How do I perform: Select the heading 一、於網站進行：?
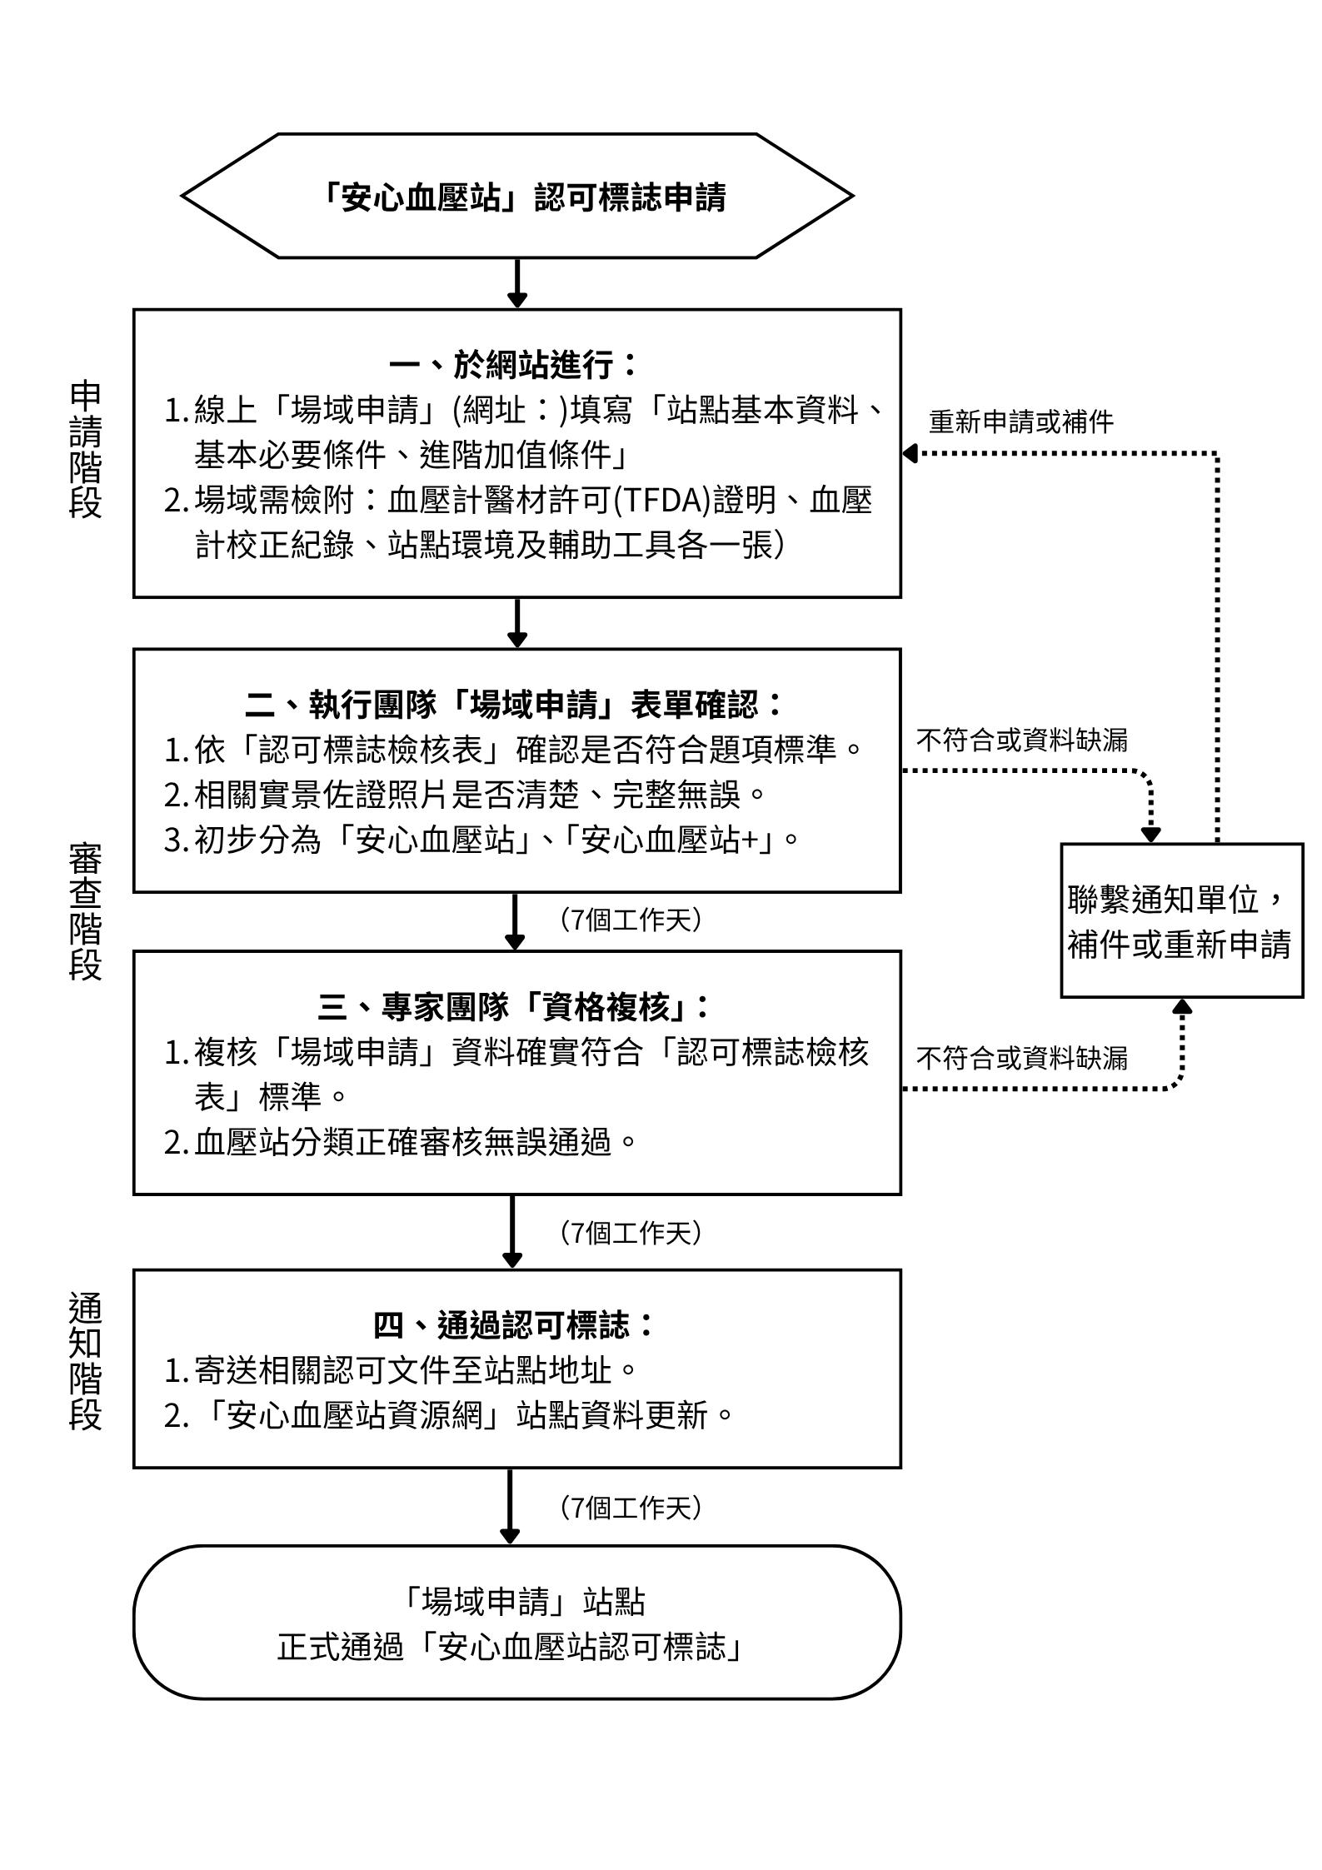point(514,365)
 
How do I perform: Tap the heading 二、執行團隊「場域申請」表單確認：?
point(516,705)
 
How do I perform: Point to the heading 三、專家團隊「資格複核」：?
point(514,1007)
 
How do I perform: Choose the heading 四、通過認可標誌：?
point(514,1324)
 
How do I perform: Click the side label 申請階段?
point(85,450)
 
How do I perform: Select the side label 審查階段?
point(85,912)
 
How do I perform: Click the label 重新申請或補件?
point(1021,422)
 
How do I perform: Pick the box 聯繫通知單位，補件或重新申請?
point(1180,920)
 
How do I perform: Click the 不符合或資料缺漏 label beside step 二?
point(1021,740)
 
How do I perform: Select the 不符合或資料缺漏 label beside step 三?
point(1021,1059)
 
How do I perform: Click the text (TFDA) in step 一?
point(662,501)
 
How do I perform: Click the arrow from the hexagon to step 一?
point(517,283)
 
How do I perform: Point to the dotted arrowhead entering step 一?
point(910,453)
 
